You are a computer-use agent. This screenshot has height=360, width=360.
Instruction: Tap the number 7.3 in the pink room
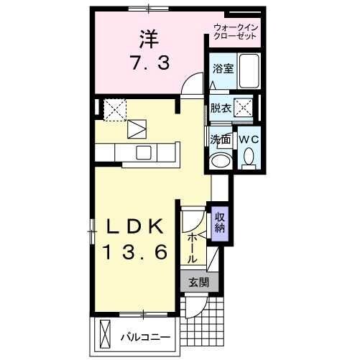(151, 63)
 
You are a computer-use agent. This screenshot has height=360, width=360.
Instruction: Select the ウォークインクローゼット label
(236, 32)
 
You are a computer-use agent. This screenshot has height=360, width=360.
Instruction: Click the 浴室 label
(222, 69)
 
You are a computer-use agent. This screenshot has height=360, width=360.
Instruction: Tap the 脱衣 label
(221, 109)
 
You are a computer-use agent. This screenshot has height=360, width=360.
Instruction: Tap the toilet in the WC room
(249, 156)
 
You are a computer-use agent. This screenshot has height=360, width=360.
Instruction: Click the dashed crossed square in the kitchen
(114, 109)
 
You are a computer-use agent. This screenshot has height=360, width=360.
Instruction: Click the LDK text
(134, 226)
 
